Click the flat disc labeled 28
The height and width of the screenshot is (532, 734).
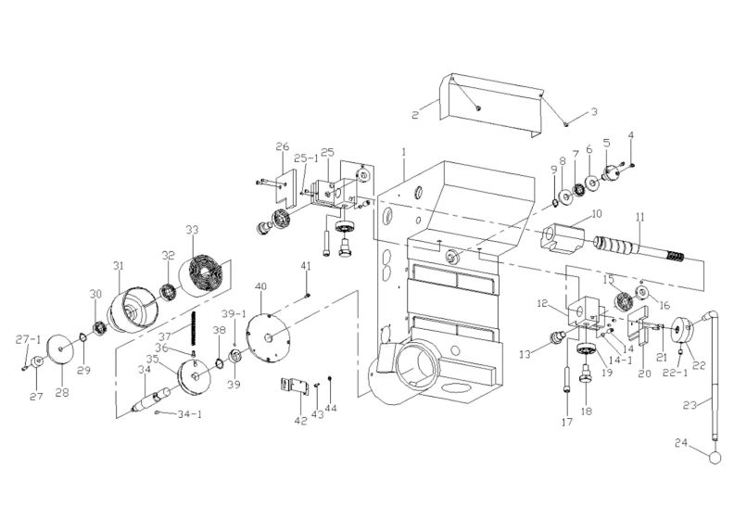[x=60, y=349]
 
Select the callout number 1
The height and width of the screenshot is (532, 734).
[x=404, y=150]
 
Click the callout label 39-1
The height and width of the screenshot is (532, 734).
[x=232, y=314]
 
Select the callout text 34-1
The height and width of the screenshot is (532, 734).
[x=178, y=414]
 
